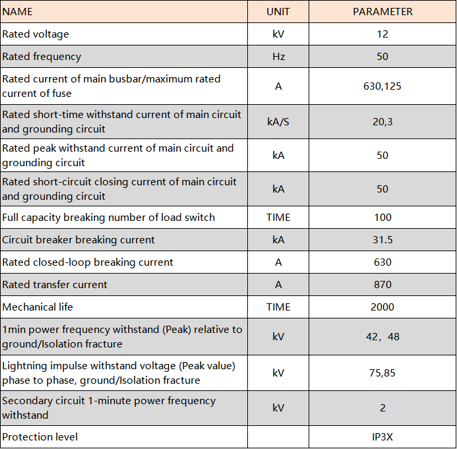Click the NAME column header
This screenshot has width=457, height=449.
tap(17, 12)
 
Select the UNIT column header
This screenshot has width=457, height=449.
tap(278, 12)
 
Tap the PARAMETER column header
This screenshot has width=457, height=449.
tap(382, 12)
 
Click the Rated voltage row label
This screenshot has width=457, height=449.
tap(36, 34)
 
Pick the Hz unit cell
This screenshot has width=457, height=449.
tap(278, 56)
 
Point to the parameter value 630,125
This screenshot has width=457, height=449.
tap(382, 86)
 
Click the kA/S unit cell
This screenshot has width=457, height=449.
tap(278, 121)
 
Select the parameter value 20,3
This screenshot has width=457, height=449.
tap(382, 121)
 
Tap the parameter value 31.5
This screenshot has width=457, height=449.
tap(382, 240)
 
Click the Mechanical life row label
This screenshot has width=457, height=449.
tap(38, 307)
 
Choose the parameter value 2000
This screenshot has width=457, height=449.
tap(382, 307)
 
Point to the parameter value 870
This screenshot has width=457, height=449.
tap(382, 284)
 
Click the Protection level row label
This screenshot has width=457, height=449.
tap(40, 436)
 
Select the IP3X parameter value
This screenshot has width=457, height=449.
tap(382, 436)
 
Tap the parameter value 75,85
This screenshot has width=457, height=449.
tap(382, 373)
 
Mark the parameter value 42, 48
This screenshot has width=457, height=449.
tap(382, 336)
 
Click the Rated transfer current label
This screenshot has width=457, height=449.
tap(55, 284)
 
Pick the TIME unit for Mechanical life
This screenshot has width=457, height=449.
tap(278, 307)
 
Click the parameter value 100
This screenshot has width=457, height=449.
tap(382, 218)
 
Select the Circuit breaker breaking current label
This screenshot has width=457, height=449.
tap(78, 240)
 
